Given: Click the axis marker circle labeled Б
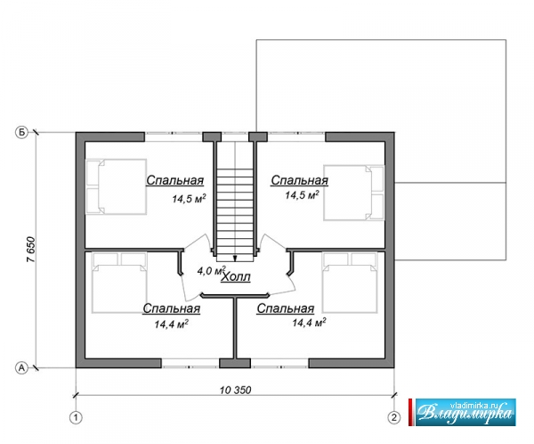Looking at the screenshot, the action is pyautogui.click(x=21, y=133).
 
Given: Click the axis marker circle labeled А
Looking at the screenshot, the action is pyautogui.click(x=21, y=368).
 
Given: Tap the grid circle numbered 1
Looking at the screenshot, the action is pyautogui.click(x=76, y=417).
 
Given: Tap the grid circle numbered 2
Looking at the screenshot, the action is pyautogui.click(x=394, y=417).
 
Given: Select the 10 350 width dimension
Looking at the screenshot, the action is pyautogui.click(x=235, y=390).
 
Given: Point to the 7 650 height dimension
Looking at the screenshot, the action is pyautogui.click(x=30, y=250).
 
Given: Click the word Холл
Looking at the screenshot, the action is pyautogui.click(x=236, y=277).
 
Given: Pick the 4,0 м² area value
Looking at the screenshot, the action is pyautogui.click(x=212, y=271).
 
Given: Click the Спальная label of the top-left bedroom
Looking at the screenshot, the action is pyautogui.click(x=174, y=180).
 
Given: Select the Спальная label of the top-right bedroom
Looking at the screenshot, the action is pyautogui.click(x=299, y=180).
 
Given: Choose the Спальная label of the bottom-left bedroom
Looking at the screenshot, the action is pyautogui.click(x=171, y=308).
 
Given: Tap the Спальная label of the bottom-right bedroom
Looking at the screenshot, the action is pyautogui.click(x=286, y=308).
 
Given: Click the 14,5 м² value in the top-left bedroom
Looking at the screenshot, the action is pyautogui.click(x=189, y=199).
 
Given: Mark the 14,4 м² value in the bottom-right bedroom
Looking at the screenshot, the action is pyautogui.click(x=309, y=322).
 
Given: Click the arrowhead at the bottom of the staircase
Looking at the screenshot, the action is pyautogui.click(x=235, y=258).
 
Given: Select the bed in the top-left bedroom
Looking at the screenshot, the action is pyautogui.click(x=116, y=186).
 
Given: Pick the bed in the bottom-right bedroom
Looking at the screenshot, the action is pyautogui.click(x=350, y=283).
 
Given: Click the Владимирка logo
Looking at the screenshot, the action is pyautogui.click(x=465, y=412).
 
